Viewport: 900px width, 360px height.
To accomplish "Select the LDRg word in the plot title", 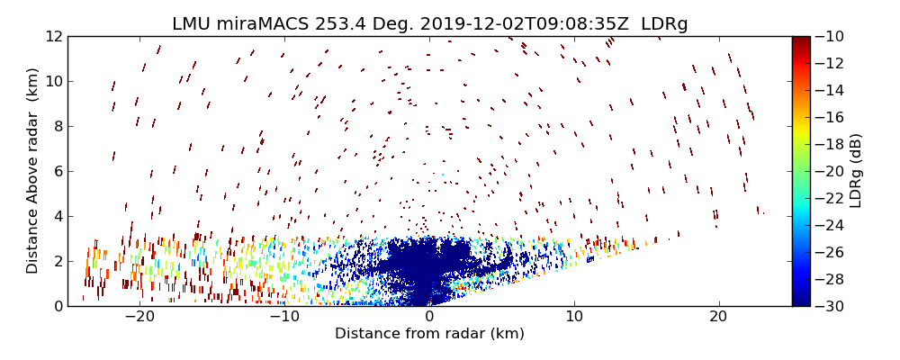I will pyautogui.click(x=664, y=24).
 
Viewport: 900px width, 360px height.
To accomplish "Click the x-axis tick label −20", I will pyautogui.click(x=139, y=317).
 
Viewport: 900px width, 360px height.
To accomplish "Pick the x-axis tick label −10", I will pyautogui.click(x=284, y=317).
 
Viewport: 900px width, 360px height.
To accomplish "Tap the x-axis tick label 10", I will pyautogui.click(x=574, y=317).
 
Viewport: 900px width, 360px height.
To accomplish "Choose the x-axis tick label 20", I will pyautogui.click(x=718, y=317).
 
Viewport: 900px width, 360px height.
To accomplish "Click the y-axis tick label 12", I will pyautogui.click(x=51, y=36).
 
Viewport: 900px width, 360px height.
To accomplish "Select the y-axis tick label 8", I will pyautogui.click(x=56, y=126).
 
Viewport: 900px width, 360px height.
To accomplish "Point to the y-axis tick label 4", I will pyautogui.click(x=56, y=216).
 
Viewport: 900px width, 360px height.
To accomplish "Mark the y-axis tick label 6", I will pyautogui.click(x=56, y=171).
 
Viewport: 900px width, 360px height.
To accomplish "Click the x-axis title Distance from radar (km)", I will pyautogui.click(x=429, y=334).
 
